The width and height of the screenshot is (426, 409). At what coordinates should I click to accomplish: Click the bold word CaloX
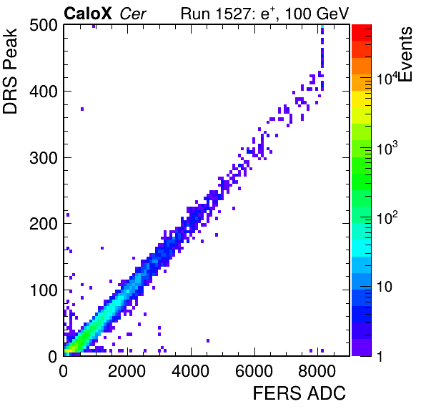point(87,14)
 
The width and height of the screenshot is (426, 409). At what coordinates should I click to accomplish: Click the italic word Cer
point(133,14)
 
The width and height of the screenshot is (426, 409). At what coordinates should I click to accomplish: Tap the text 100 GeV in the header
point(317,14)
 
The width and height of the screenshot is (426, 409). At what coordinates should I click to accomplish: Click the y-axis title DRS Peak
point(10,71)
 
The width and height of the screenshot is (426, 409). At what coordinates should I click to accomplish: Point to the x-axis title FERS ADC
point(299,393)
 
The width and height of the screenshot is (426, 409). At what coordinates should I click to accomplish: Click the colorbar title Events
point(406,54)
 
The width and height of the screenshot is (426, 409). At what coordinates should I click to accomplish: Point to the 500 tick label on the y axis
point(44,26)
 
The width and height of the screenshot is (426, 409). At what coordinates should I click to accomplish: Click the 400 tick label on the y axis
point(44,92)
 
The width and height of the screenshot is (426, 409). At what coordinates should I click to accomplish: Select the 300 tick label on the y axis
point(44,158)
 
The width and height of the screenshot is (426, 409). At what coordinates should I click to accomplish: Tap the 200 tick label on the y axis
point(44,224)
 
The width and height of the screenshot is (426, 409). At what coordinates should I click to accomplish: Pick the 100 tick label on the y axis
point(44,290)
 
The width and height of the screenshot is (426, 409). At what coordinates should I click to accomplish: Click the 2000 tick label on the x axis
point(127,371)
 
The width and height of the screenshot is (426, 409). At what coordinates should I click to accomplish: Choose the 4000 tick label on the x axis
point(190,371)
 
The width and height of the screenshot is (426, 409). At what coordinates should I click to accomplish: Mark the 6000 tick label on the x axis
point(254,371)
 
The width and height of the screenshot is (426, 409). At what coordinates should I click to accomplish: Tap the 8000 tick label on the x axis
point(317,371)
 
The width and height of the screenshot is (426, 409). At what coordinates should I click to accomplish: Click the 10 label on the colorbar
point(385,287)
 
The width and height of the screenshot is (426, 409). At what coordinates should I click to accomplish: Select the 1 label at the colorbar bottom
point(380,356)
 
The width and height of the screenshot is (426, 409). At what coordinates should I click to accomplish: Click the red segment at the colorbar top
point(362,33)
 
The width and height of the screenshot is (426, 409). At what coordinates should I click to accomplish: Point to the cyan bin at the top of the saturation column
point(322,26)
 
